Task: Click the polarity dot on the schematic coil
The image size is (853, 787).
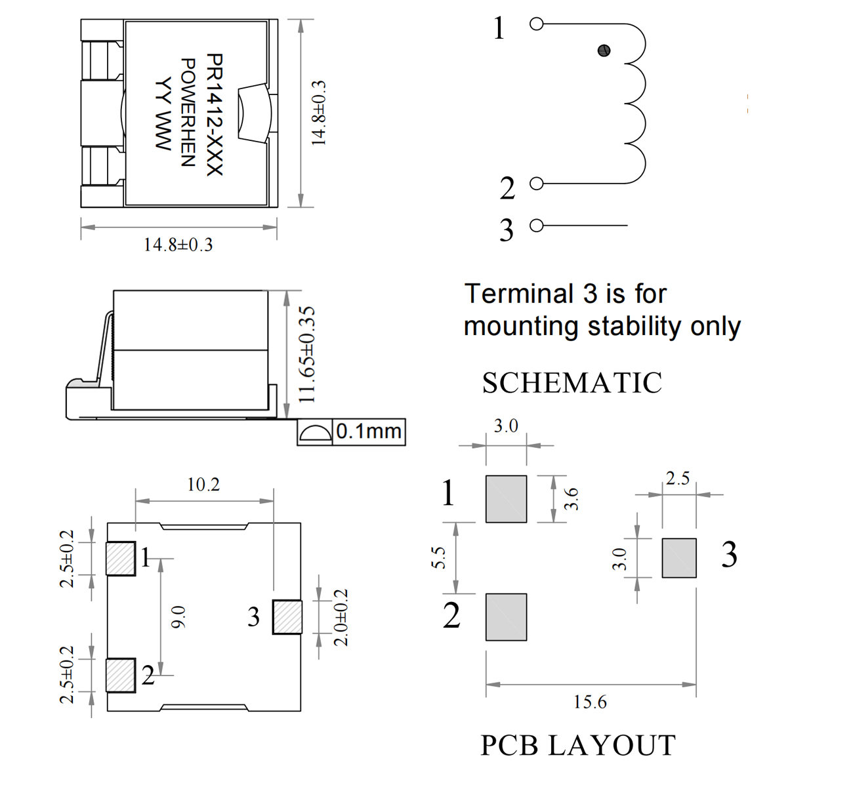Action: point(604,50)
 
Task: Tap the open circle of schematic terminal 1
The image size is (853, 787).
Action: point(537,24)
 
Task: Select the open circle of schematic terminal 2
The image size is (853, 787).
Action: point(537,184)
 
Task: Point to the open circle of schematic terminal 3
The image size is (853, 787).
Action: point(537,226)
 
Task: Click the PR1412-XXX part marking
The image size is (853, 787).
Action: point(215,115)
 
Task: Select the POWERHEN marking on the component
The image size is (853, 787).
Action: point(188,112)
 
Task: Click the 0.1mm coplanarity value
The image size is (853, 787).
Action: point(369,432)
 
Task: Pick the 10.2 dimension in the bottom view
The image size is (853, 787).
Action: point(203,485)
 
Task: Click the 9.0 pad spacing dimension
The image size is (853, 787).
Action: point(178,616)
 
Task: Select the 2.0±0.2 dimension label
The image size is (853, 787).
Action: point(341,617)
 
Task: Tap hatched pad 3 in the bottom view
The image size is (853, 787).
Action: point(287,617)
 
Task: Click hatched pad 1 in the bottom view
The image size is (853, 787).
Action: point(121,559)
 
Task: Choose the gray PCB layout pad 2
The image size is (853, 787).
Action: point(506,617)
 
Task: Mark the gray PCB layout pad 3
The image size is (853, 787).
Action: point(679,558)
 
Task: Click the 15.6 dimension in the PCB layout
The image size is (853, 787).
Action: point(590,702)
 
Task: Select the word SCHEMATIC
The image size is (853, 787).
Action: point(572,383)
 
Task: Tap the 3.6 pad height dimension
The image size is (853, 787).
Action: point(572,498)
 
